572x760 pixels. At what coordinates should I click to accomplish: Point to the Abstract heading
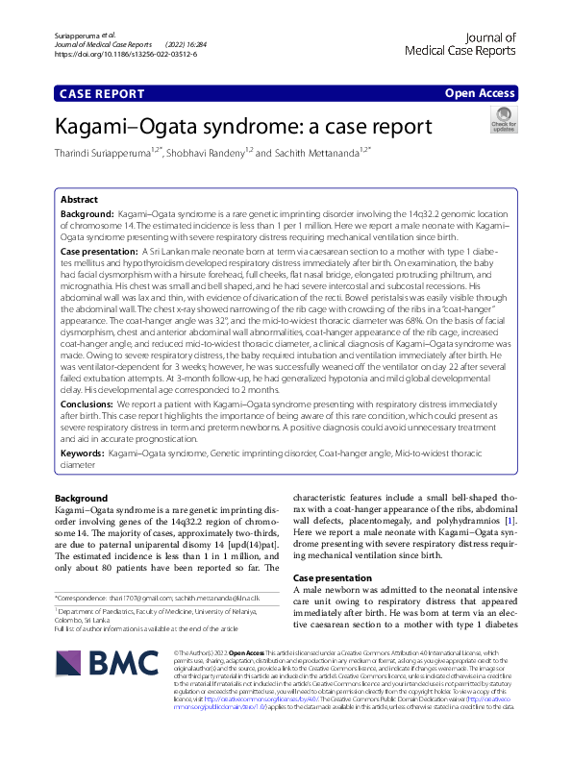pos(79,200)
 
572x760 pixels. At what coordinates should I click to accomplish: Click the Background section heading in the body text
pos(81,498)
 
